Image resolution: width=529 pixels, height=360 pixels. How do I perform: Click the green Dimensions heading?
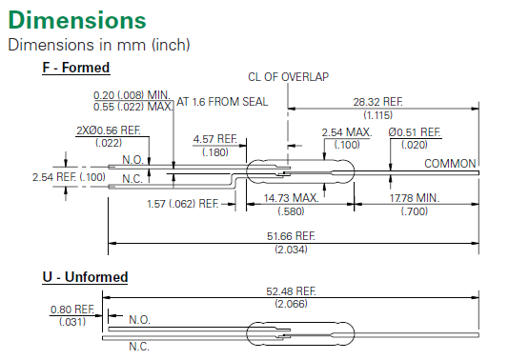coord(77,20)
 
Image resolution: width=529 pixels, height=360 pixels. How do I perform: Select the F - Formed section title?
coord(76,68)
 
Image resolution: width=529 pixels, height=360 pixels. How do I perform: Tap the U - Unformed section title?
coord(85,277)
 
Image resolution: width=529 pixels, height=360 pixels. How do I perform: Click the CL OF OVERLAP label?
coord(288,77)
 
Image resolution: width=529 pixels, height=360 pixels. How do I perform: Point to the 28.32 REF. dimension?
coord(377,102)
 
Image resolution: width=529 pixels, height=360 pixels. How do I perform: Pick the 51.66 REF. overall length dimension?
coord(291,236)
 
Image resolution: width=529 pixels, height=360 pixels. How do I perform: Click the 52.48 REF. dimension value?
coord(291,291)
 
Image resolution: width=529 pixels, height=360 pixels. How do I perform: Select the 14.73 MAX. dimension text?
coord(291,198)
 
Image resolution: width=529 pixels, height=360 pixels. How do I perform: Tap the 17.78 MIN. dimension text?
coord(415,198)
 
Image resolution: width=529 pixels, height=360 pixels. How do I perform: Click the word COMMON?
coord(450,164)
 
